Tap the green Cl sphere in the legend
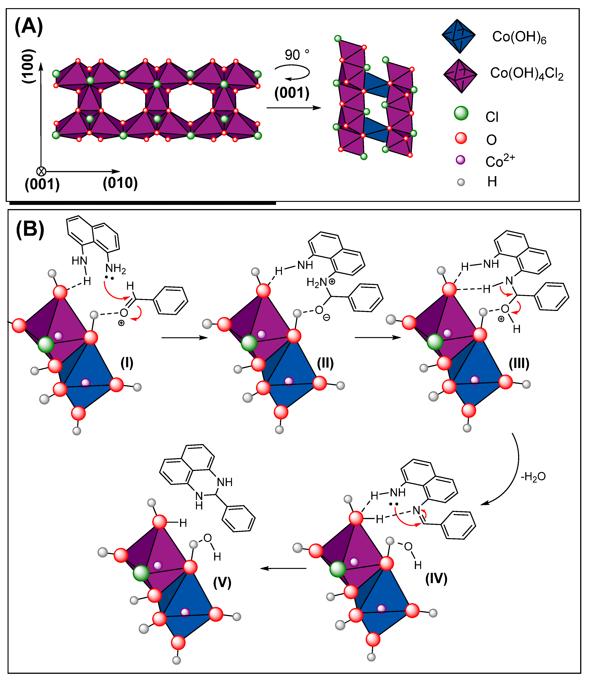coord(461,113)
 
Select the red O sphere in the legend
coord(461,138)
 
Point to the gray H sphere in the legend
coord(461,182)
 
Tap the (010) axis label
coord(120,183)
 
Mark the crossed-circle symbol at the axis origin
coord(41,171)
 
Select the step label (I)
coord(127,363)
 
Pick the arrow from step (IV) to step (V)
coord(283,568)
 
